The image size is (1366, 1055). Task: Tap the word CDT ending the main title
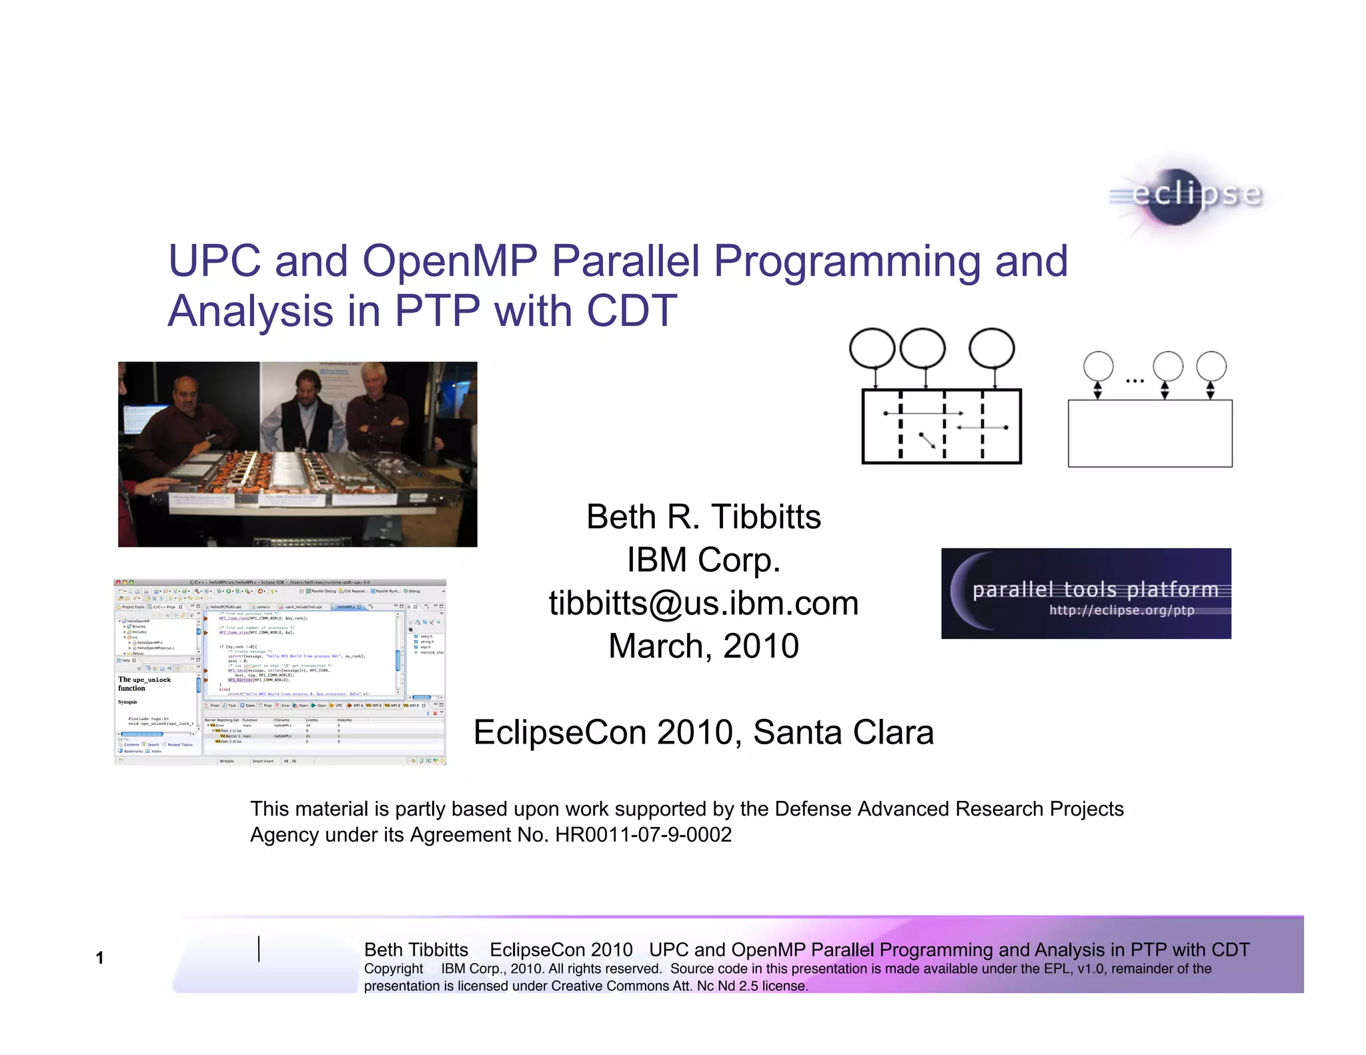pyautogui.click(x=631, y=311)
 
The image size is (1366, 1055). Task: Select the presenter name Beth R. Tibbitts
pyautogui.click(x=703, y=517)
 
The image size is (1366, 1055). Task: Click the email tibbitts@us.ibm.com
pyautogui.click(x=703, y=603)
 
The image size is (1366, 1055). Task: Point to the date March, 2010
pyautogui.click(x=703, y=646)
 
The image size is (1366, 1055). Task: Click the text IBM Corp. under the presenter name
pyautogui.click(x=703, y=560)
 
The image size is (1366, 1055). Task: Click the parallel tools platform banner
pyautogui.click(x=1086, y=593)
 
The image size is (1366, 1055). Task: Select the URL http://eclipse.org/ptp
pyautogui.click(x=1121, y=610)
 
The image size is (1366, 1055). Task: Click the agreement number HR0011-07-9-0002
pyautogui.click(x=643, y=835)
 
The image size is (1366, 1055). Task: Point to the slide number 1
pyautogui.click(x=99, y=958)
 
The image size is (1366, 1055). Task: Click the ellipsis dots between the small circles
pyautogui.click(x=1135, y=381)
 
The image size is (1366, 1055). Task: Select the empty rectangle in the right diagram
pyautogui.click(x=1149, y=433)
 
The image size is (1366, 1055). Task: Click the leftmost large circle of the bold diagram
pyautogui.click(x=872, y=348)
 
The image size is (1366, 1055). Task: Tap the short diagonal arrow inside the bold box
pyautogui.click(x=928, y=439)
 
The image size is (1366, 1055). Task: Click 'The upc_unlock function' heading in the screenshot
pyautogui.click(x=144, y=684)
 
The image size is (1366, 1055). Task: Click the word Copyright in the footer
pyautogui.click(x=393, y=969)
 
